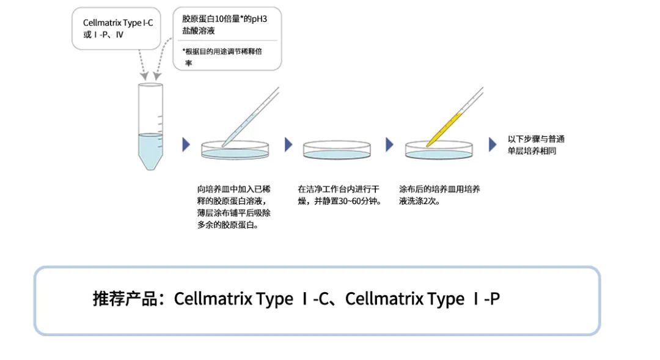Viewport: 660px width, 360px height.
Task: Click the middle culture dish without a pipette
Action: click(x=337, y=150)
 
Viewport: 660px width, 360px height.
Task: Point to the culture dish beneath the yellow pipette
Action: click(x=439, y=152)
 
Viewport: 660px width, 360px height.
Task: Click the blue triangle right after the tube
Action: click(x=186, y=145)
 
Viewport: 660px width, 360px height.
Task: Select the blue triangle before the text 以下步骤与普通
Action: click(x=493, y=145)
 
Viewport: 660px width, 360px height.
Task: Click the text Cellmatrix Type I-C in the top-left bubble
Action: click(x=118, y=23)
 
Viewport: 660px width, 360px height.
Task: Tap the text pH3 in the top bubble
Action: click(x=258, y=19)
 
